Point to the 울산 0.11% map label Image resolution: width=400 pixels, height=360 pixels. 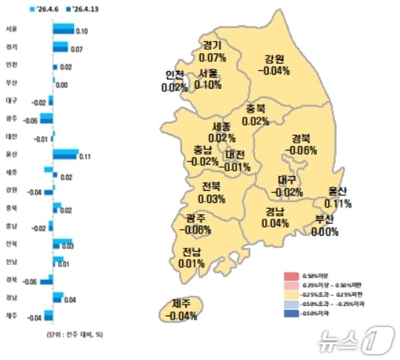pos(338,198)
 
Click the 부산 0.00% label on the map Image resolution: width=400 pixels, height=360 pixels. pos(325,225)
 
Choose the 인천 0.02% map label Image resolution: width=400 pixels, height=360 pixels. pos(175,82)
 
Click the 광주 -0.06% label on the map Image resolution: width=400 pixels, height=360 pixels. pos(196,224)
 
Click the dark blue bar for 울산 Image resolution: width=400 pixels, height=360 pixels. pos(65,156)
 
